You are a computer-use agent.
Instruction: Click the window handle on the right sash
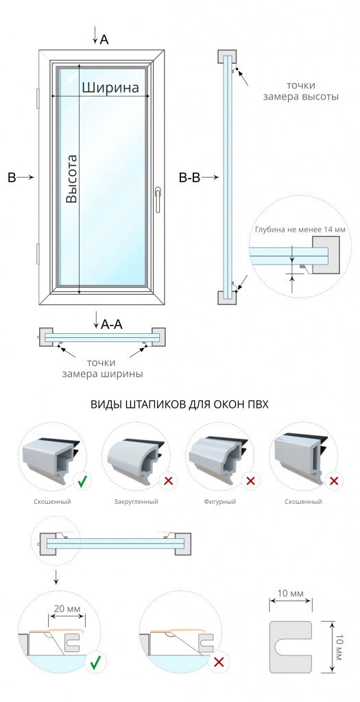pyautogui.click(x=158, y=198)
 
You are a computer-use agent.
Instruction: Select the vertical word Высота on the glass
pyautogui.click(x=71, y=178)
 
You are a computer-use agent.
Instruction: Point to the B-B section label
pyautogui.click(x=189, y=178)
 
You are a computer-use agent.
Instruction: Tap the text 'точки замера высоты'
pyautogui.click(x=301, y=91)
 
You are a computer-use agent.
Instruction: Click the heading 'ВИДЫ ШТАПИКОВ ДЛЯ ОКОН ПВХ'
pyautogui.click(x=180, y=404)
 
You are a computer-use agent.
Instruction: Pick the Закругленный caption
pyautogui.click(x=136, y=501)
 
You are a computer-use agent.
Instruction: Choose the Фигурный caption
pyautogui.click(x=221, y=501)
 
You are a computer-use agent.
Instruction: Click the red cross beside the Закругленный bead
pyautogui.click(x=167, y=481)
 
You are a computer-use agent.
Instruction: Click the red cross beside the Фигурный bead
pyautogui.click(x=250, y=481)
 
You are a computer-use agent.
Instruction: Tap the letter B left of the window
pyautogui.click(x=11, y=178)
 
